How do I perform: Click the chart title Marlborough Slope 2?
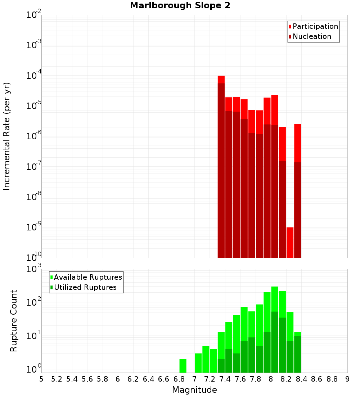point(180,5)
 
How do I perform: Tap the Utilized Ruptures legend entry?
point(85,287)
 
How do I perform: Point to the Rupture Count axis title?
point(14,321)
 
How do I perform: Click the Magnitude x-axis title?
point(194,390)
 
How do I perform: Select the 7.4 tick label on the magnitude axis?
point(225,379)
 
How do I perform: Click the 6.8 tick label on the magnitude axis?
point(179,379)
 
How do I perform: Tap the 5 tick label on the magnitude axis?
point(41,379)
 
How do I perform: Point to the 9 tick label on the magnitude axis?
point(347,379)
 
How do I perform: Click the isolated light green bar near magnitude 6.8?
point(183,366)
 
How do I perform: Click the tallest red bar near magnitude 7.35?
point(221,80)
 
